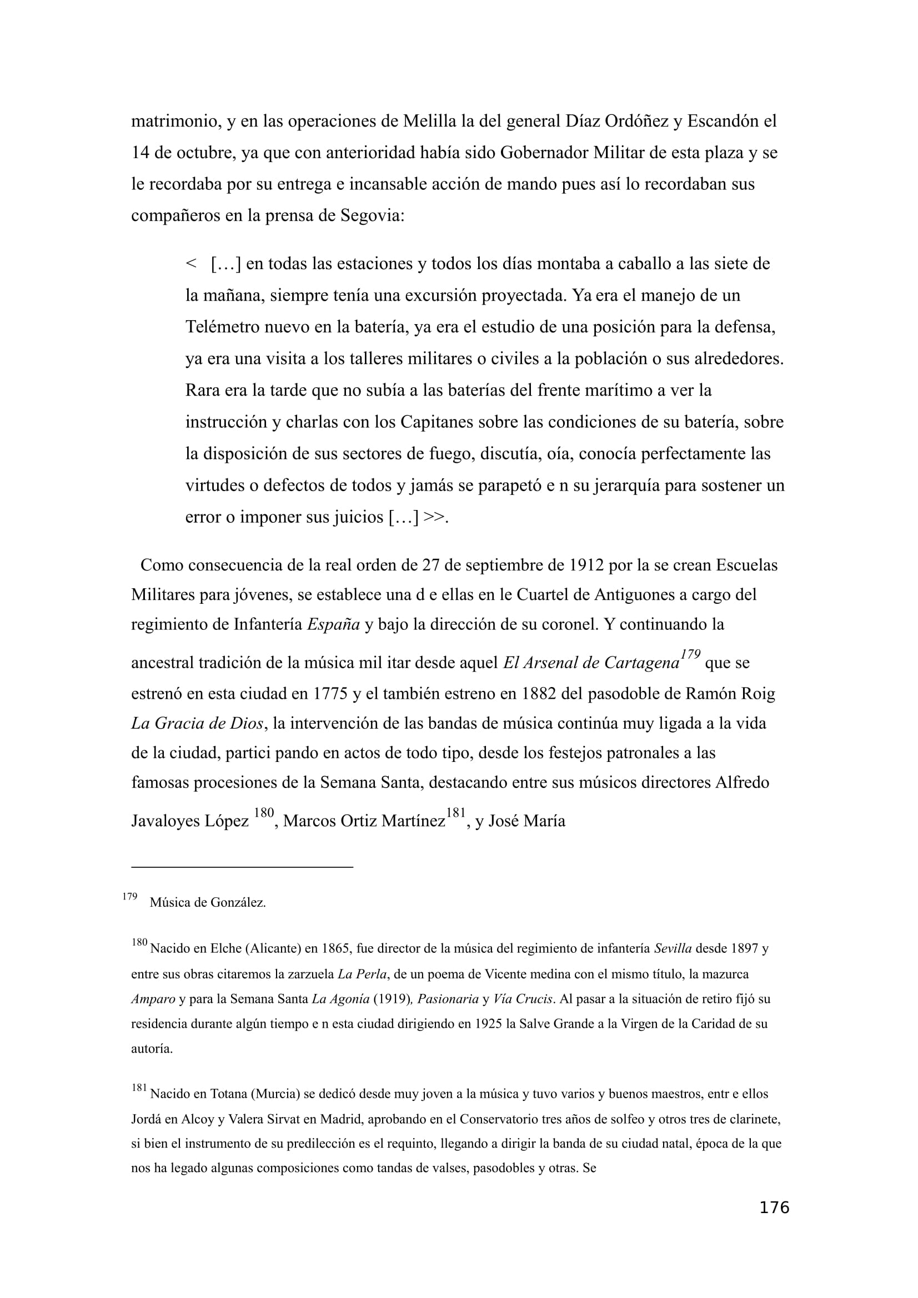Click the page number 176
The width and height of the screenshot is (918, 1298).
(774, 1208)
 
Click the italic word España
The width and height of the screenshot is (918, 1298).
(333, 624)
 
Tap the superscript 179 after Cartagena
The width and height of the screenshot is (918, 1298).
(690, 655)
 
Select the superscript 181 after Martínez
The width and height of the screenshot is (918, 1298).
(456, 813)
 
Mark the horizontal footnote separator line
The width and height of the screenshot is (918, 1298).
(242, 866)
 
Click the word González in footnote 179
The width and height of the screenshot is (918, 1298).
(238, 902)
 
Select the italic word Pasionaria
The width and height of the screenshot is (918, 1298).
(448, 999)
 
